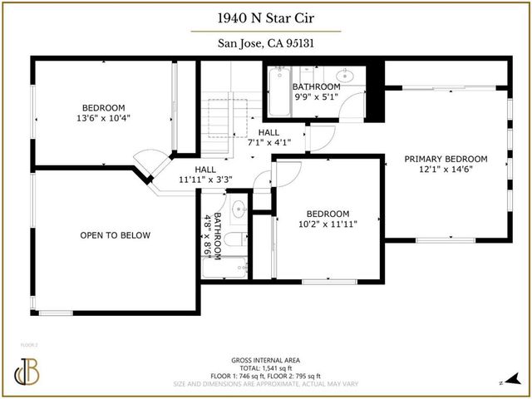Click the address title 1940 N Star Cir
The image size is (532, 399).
[266, 18]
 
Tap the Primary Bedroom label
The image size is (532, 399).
[446, 159]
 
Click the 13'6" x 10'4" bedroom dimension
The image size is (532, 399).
[103, 118]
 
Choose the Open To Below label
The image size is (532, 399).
[116, 235]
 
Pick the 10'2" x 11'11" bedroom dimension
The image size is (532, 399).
[328, 224]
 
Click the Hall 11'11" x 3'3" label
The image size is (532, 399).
[205, 174]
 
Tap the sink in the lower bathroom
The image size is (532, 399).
[237, 209]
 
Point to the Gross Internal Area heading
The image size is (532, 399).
[266, 360]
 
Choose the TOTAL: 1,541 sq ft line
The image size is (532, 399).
[266, 368]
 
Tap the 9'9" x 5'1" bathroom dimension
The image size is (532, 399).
[317, 96]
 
